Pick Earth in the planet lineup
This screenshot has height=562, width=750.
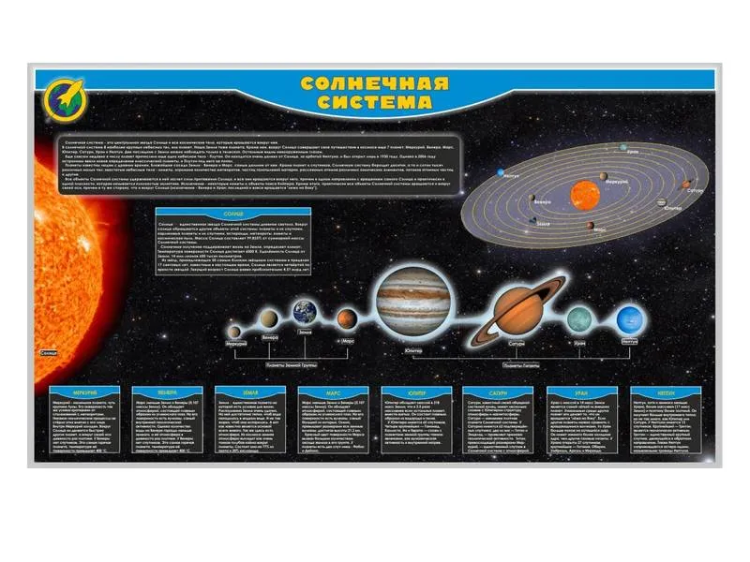point(306,312)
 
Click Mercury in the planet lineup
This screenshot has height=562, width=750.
point(234,330)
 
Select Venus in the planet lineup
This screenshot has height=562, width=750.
point(266,320)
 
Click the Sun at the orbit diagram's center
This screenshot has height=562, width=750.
point(586,194)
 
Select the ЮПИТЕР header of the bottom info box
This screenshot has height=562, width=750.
point(417,392)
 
